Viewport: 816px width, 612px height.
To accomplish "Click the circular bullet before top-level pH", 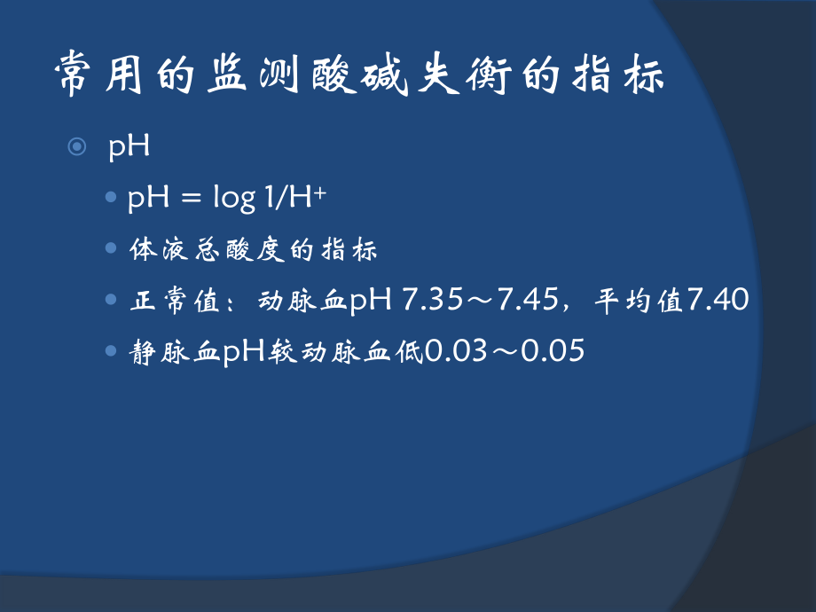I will [77, 146].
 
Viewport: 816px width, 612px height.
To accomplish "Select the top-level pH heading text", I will [129, 146].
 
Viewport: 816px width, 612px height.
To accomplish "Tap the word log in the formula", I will [232, 199].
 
